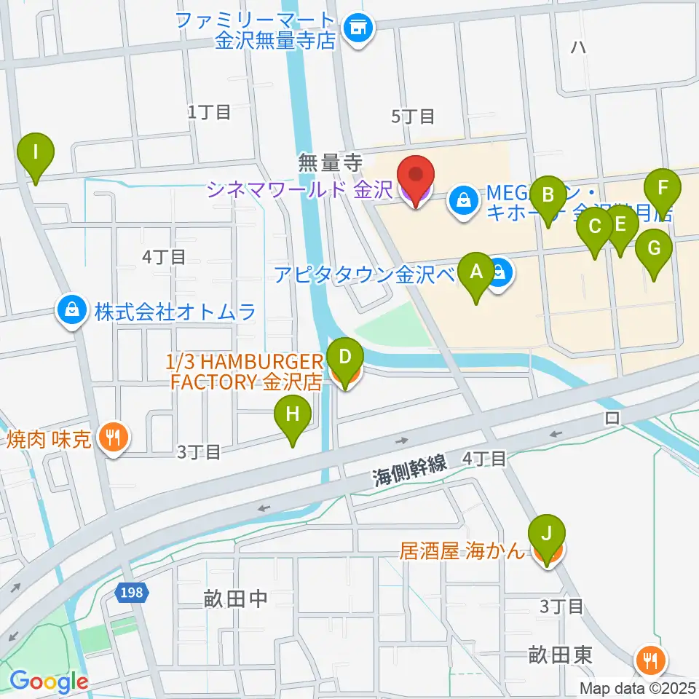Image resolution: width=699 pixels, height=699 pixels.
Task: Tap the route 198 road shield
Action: (133, 594)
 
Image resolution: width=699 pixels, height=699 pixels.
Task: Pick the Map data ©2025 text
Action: (638, 688)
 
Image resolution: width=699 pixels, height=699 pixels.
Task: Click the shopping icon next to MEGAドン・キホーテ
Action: (463, 198)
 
